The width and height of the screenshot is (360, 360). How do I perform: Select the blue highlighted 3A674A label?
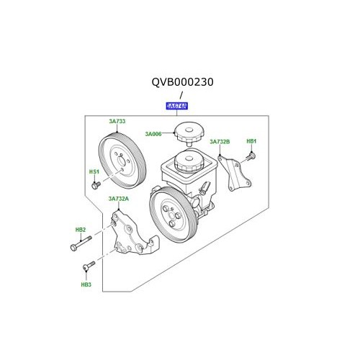point(176,106)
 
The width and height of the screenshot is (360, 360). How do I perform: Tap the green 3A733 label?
point(117,122)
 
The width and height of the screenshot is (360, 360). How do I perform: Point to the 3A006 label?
point(153,133)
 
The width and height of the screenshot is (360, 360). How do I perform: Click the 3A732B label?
point(220,142)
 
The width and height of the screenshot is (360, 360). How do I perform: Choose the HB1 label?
point(251,141)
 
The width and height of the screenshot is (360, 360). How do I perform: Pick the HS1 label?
point(94,172)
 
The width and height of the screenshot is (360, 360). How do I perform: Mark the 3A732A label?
point(118,199)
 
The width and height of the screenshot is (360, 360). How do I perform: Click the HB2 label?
point(80,230)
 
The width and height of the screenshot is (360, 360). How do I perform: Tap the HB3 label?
point(86,284)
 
